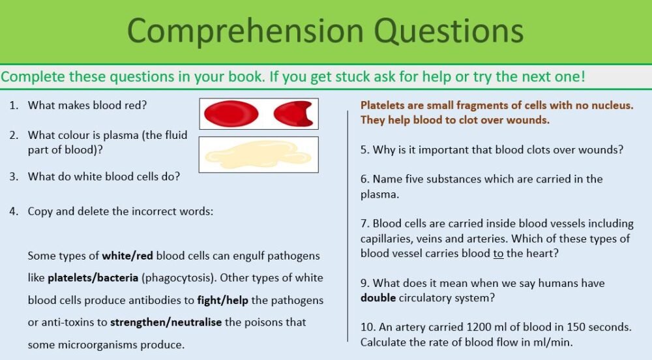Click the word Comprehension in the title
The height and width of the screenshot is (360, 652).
coord(236,31)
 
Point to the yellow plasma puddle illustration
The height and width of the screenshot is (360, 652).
coord(258,155)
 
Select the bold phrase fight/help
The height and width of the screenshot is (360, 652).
coord(221,300)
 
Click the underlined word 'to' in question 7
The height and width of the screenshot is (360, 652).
coord(498,253)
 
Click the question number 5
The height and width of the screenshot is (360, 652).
coord(364,149)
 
